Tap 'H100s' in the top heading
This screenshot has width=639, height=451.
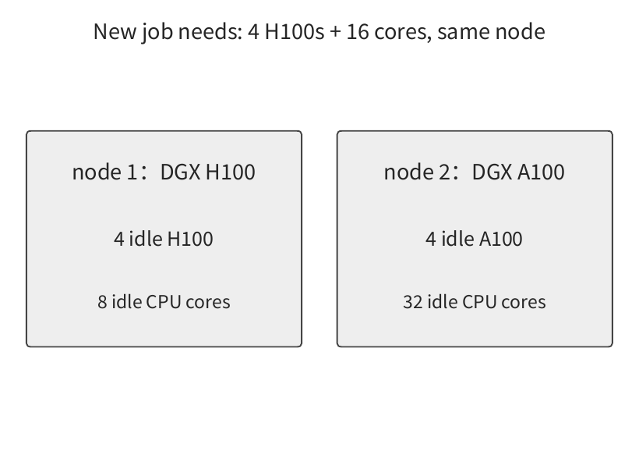click(x=295, y=31)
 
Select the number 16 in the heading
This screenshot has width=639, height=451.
click(x=358, y=31)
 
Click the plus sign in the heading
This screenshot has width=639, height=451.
click(x=335, y=32)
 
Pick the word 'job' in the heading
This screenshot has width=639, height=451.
click(x=157, y=33)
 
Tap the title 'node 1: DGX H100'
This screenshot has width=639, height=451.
click(x=164, y=172)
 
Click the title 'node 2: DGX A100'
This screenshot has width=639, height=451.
click(x=475, y=172)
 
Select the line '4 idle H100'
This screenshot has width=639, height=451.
click(x=164, y=239)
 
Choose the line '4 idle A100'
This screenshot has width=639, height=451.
click(x=474, y=239)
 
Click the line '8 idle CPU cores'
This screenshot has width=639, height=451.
click(x=164, y=302)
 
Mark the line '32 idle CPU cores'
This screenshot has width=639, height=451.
click(x=475, y=302)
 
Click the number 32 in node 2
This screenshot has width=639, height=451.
click(x=412, y=302)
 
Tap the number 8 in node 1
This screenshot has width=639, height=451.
click(x=102, y=302)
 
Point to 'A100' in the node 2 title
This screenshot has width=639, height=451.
click(x=541, y=172)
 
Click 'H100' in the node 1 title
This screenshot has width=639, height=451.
click(x=231, y=172)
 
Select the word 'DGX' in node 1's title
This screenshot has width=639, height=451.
click(x=180, y=172)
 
